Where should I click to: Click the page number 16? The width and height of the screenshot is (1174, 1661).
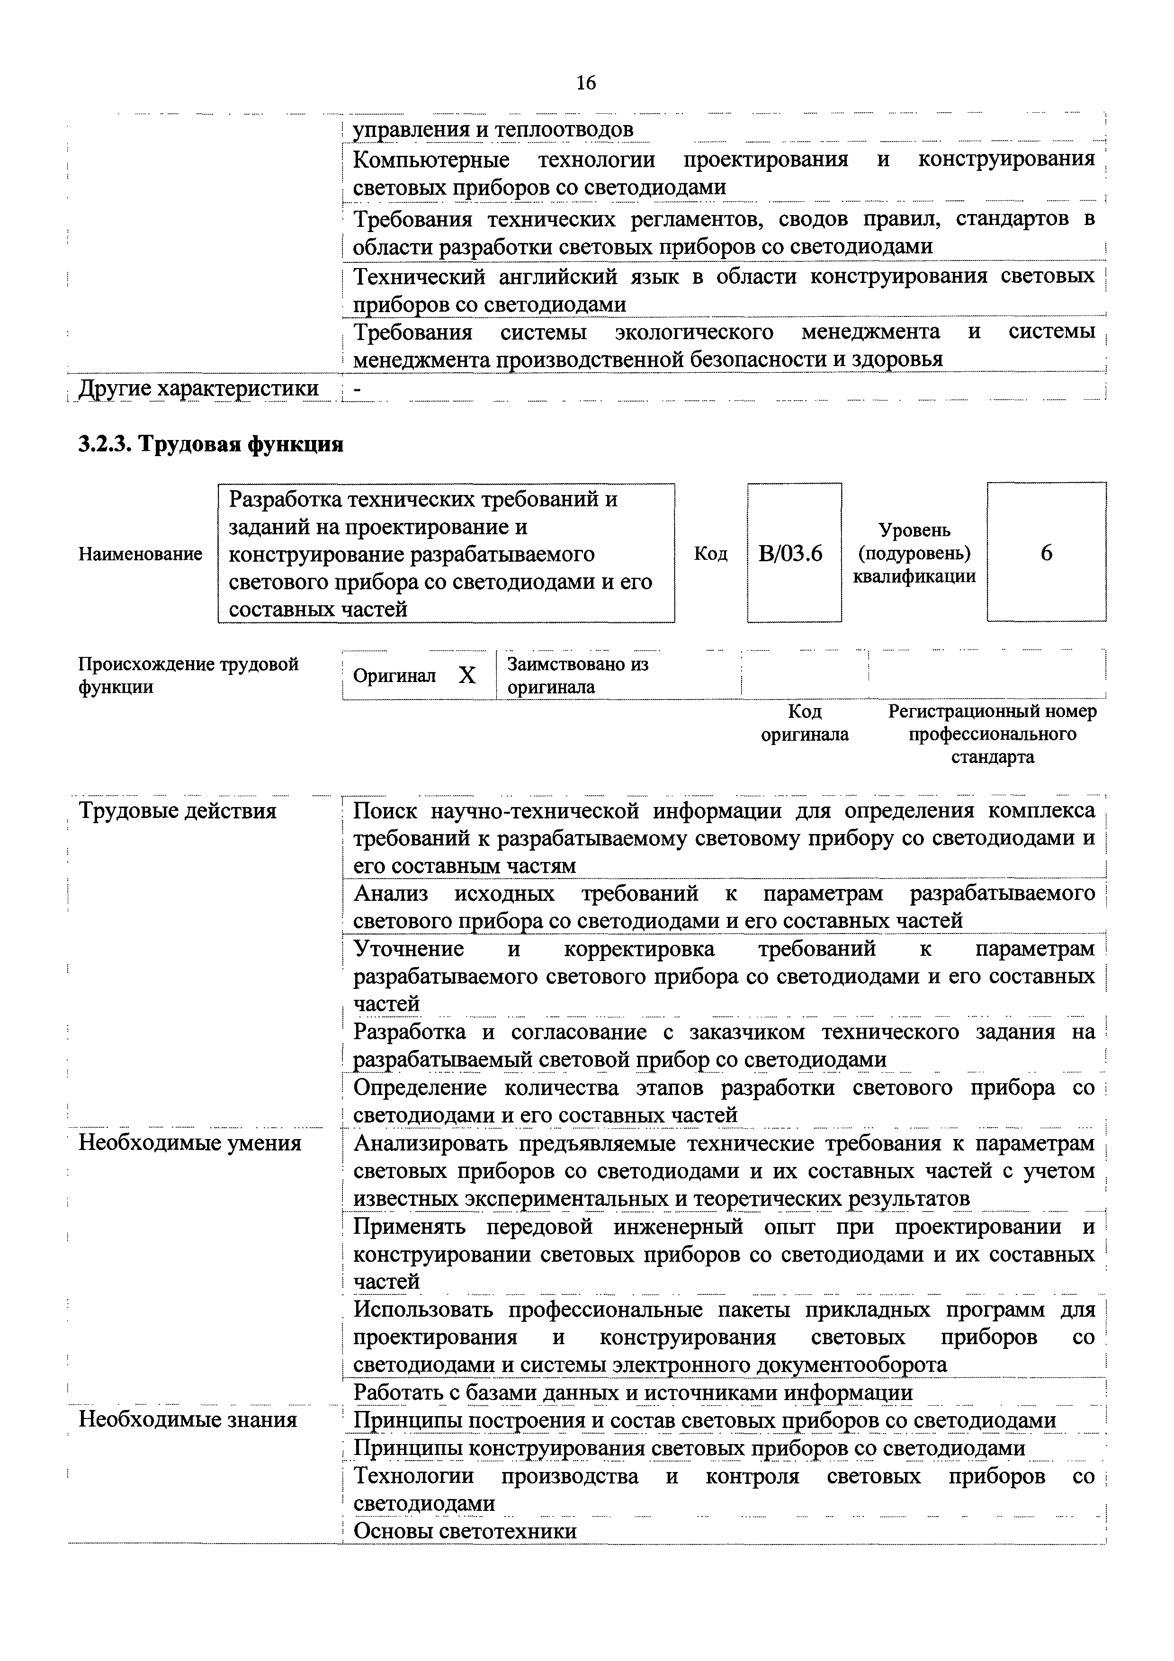click(586, 83)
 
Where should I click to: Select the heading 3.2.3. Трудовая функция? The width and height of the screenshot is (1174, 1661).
click(210, 443)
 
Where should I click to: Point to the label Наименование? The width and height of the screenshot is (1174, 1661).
click(140, 554)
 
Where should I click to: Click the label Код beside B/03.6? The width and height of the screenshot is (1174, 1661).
click(711, 554)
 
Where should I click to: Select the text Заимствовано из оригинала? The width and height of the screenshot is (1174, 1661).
click(577, 675)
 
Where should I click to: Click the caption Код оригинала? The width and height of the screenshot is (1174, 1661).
click(804, 723)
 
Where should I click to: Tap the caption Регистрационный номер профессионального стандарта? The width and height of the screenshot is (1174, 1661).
click(993, 734)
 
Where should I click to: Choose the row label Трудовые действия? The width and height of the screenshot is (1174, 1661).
click(177, 811)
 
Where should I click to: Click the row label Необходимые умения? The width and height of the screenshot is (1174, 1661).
click(189, 1143)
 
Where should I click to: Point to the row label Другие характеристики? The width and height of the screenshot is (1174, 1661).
click(198, 388)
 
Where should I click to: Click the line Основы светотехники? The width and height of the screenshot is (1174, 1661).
click(465, 1531)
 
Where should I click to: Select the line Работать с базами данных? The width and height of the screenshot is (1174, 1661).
click(632, 1392)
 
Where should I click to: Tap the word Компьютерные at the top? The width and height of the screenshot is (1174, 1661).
click(431, 160)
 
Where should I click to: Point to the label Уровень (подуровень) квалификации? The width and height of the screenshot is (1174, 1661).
click(914, 553)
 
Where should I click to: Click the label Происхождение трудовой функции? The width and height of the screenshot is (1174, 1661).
click(188, 675)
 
